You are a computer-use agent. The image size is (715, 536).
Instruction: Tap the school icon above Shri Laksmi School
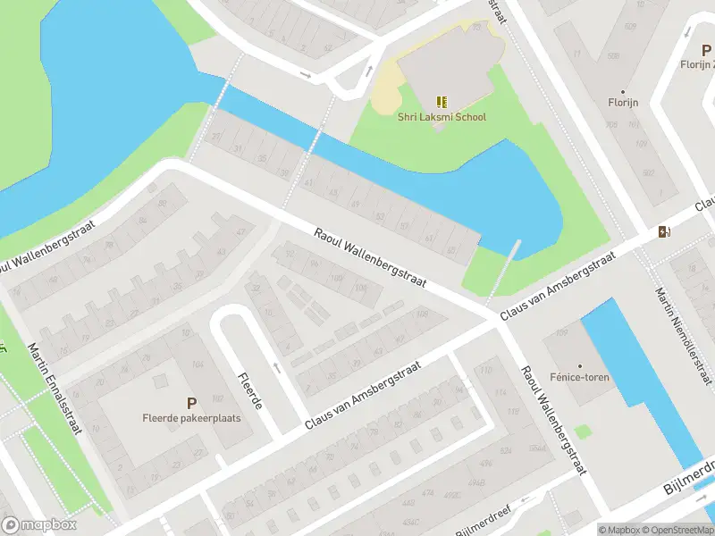pos(440,102)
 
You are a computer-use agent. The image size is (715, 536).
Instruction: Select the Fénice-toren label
pos(579,378)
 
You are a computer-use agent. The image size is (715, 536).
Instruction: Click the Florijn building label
pos(623,103)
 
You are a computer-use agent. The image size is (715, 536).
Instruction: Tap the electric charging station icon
pos(663,232)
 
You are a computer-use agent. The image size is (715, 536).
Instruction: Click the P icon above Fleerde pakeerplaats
pos(190,404)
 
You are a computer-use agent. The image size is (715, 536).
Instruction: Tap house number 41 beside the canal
pos(310,183)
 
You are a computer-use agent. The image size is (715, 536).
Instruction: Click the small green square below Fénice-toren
pos(583,431)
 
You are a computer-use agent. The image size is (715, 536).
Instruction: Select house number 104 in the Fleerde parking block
pos(196,366)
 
